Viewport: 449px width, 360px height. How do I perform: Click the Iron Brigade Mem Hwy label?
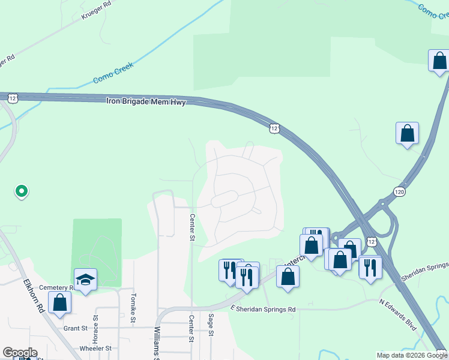[x=146, y=101]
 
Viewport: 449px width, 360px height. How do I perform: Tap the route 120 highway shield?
[x=400, y=191]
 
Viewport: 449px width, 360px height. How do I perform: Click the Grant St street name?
[x=76, y=328]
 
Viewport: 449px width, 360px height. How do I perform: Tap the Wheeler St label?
[x=95, y=348]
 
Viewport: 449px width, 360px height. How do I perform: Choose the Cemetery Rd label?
[x=56, y=288]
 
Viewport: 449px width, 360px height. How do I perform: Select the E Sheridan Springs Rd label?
[x=264, y=309]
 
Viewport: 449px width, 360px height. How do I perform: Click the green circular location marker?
[x=21, y=191]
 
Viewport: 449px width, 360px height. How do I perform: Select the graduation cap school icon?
[x=85, y=280]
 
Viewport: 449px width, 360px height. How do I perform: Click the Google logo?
[x=20, y=353]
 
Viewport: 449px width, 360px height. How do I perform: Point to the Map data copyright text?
[x=411, y=355]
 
